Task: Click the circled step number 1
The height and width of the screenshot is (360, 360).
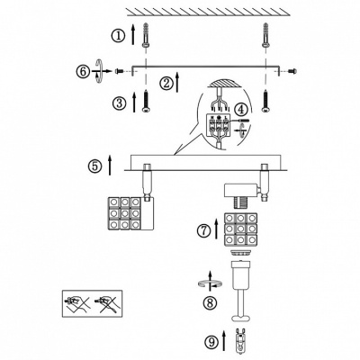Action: coord(118,36)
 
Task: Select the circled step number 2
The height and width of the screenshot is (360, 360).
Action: coord(166,84)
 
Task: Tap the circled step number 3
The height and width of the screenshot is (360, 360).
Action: coord(119,103)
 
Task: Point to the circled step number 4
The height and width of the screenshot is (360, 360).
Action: coord(240,110)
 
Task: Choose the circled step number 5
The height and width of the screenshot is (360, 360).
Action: coord(94,166)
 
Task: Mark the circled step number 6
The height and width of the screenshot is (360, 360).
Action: coord(83,72)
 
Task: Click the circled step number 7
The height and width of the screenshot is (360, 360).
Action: coord(203,230)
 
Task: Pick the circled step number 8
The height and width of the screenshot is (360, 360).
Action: coord(210,302)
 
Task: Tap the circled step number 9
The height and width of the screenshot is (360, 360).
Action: coord(211,342)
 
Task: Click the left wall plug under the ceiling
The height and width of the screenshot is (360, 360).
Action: coord(146,34)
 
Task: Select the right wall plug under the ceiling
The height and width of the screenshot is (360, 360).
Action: coord(265,34)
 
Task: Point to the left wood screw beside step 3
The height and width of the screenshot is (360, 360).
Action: coord(146,101)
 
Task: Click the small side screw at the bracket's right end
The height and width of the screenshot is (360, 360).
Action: coord(292,71)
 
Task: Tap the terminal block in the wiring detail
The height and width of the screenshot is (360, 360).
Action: coord(219,125)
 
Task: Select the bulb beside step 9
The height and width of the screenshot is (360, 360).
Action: coord(239,341)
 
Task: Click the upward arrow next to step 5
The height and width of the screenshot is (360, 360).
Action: coord(110,165)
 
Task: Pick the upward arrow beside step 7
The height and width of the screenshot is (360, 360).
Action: coord(217,229)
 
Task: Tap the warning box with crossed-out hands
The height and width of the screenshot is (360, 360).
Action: coord(92,303)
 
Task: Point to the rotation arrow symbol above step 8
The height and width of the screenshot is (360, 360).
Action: coord(210,282)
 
